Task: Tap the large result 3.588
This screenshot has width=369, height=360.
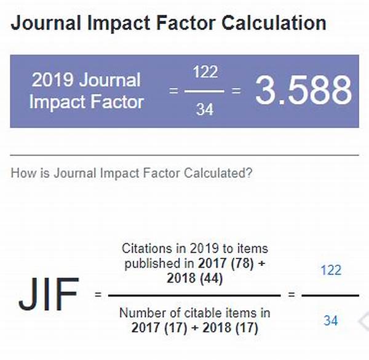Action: click(303, 91)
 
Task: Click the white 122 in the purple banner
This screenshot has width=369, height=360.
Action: click(205, 72)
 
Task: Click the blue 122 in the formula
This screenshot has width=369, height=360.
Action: click(331, 270)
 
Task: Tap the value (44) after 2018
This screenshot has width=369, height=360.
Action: click(210, 279)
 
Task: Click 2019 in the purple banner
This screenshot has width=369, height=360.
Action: click(50, 80)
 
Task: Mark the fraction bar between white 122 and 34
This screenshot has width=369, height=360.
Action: click(205, 91)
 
